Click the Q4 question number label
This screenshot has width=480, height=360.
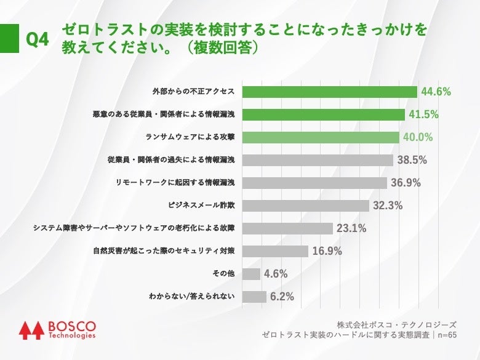(x=37, y=41)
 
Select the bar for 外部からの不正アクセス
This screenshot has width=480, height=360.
(x=330, y=92)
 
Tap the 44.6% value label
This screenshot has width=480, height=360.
(x=436, y=92)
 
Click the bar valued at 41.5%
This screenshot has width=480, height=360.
(x=324, y=114)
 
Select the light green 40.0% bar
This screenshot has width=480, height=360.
(x=321, y=137)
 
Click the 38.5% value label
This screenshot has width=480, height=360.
(x=412, y=160)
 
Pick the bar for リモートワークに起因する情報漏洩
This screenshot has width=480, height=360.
(x=314, y=183)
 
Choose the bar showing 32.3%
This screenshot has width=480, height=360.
(x=306, y=206)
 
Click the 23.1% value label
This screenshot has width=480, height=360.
(x=351, y=228)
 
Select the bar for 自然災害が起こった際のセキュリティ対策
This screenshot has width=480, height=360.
(x=275, y=251)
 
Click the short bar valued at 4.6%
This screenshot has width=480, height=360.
(x=251, y=274)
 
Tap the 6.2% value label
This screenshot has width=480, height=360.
(x=282, y=297)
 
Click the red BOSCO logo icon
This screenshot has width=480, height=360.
(x=30, y=330)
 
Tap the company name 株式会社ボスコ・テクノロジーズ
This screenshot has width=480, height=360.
(x=396, y=324)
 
